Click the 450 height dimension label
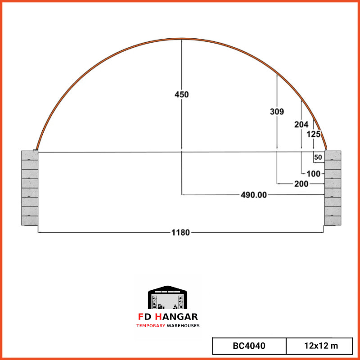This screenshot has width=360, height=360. (181, 94)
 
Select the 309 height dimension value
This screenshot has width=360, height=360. (277, 112)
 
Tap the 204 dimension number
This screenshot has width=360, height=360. (301, 125)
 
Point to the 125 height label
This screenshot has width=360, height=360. (313, 134)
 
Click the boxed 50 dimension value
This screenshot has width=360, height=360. (318, 157)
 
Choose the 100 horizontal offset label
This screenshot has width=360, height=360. (313, 174)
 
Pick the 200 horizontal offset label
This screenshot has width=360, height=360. (301, 184)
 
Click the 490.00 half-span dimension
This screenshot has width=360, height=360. (254, 195)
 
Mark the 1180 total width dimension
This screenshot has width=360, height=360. (181, 233)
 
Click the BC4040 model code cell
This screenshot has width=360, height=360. (249, 346)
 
